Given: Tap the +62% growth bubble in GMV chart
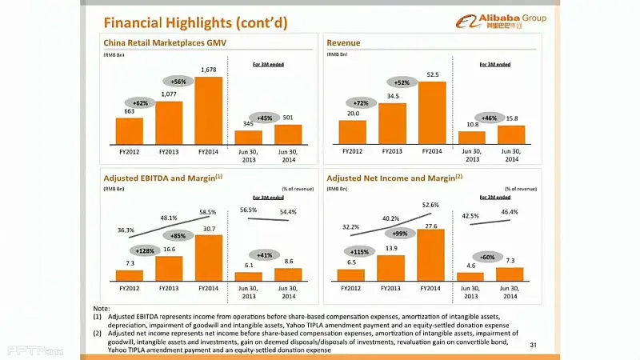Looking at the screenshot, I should coord(141,103).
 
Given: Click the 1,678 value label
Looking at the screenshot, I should coord(209,70).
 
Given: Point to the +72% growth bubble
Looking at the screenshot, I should coord(361,103).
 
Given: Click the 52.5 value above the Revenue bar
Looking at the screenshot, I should coord(433,74).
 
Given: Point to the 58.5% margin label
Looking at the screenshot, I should coord(208,212).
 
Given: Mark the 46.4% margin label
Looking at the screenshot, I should coord(510,212).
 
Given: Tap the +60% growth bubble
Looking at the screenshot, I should coord(487,258).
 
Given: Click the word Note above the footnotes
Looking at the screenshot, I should coord(101,308).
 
